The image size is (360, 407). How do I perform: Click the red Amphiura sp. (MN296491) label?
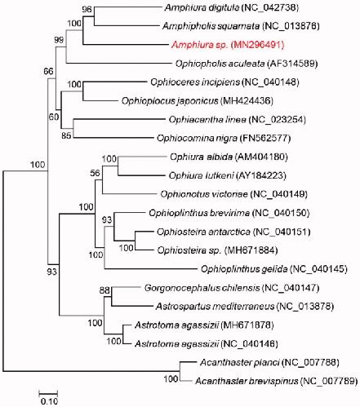click(228, 45)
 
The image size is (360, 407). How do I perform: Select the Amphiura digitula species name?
click(202, 7)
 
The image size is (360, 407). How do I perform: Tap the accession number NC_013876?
click(291, 26)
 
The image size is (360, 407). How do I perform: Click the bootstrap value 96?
click(87, 9)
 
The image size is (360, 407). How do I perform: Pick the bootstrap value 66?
click(48, 71)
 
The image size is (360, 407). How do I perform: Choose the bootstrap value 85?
click(66, 135)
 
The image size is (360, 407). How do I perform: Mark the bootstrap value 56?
click(95, 173)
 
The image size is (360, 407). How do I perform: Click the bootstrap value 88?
click(104, 290)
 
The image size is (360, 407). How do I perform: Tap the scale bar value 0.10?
click(49, 401)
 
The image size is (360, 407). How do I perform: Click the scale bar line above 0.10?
click(48, 393)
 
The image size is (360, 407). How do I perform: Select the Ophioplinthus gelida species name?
click(244, 269)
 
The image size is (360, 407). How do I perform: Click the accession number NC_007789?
click(329, 381)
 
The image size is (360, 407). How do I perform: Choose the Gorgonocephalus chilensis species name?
click(202, 288)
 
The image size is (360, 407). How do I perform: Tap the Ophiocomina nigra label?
click(224, 139)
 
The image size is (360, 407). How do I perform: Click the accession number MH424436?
click(247, 101)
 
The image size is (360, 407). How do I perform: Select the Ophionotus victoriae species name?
click(204, 194)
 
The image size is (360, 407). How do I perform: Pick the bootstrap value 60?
click(54, 117)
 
